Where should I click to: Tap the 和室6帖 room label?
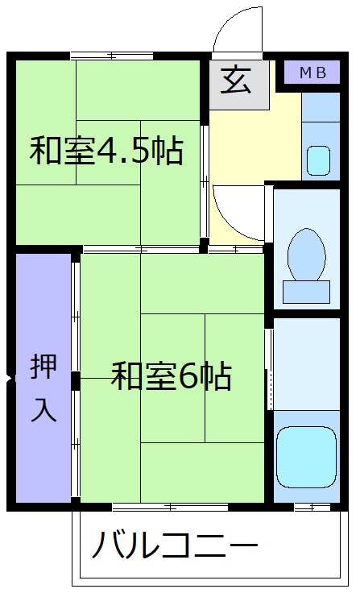(172, 375)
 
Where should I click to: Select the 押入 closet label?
(43, 387)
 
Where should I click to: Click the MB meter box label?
(312, 73)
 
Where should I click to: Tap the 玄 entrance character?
(239, 81)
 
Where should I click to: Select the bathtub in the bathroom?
(306, 455)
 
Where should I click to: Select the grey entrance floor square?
(239, 84)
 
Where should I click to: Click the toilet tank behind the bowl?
(307, 291)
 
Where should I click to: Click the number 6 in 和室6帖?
(189, 376)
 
